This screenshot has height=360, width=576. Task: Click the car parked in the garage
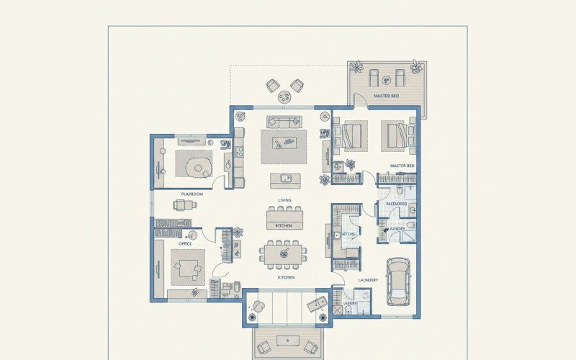tap(398, 280)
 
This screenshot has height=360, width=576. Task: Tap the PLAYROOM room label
tap(192, 194)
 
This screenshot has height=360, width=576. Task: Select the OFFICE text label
tap(185, 243)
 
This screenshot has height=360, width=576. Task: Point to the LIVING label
tap(284, 200)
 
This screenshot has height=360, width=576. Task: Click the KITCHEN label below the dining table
tap(286, 277)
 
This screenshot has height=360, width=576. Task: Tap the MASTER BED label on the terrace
tap(386, 96)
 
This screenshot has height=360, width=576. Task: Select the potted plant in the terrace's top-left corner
tap(356, 68)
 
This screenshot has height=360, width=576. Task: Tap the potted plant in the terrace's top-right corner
tap(415, 67)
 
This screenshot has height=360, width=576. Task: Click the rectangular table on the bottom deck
tap(288, 340)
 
